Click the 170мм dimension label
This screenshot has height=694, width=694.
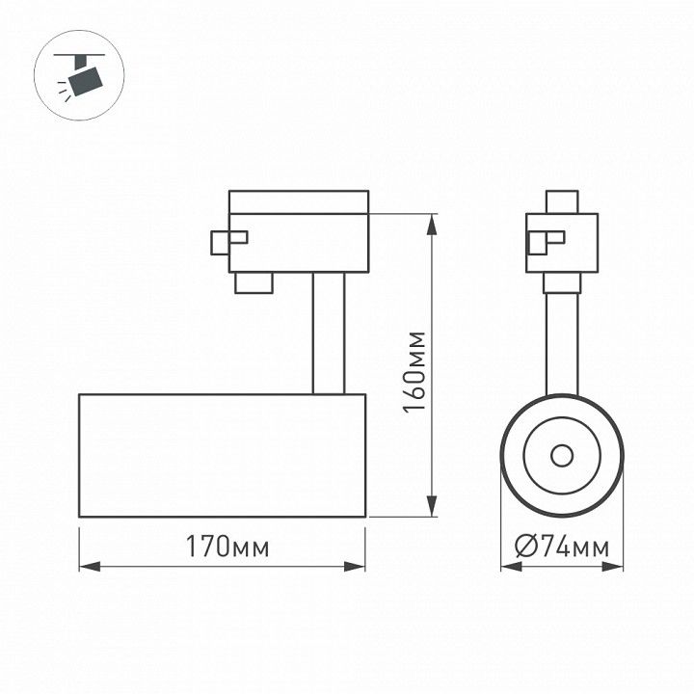[227, 547]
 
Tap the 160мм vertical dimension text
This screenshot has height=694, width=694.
[414, 372]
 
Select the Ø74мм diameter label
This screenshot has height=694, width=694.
[562, 547]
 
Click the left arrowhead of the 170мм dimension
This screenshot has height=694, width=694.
[90, 566]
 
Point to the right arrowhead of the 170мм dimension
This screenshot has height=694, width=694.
[355, 566]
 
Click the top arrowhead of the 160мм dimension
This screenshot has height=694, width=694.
[432, 225]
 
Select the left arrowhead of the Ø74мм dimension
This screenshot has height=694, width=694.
[512, 567]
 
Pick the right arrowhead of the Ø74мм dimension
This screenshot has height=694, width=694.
[613, 567]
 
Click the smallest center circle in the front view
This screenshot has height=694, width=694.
[562, 455]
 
